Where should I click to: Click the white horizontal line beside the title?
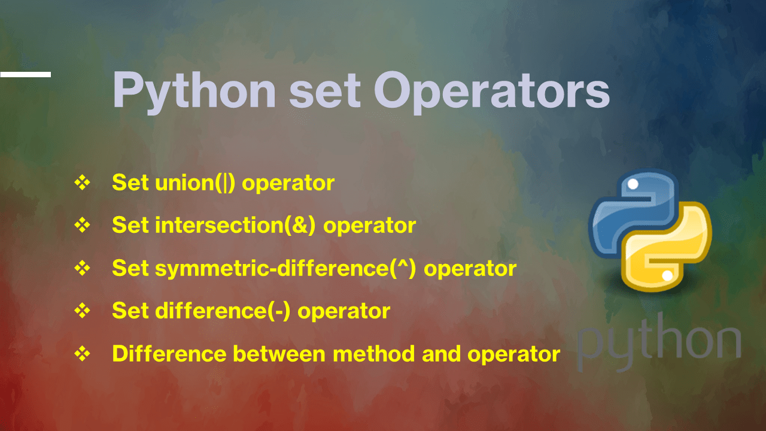click(25, 74)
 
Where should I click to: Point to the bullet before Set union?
click(81, 183)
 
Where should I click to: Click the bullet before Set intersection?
click(81, 226)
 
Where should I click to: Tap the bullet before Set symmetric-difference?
click(81, 269)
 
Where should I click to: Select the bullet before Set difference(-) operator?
click(81, 311)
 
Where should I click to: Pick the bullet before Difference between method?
click(81, 354)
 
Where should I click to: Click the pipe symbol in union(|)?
click(226, 183)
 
